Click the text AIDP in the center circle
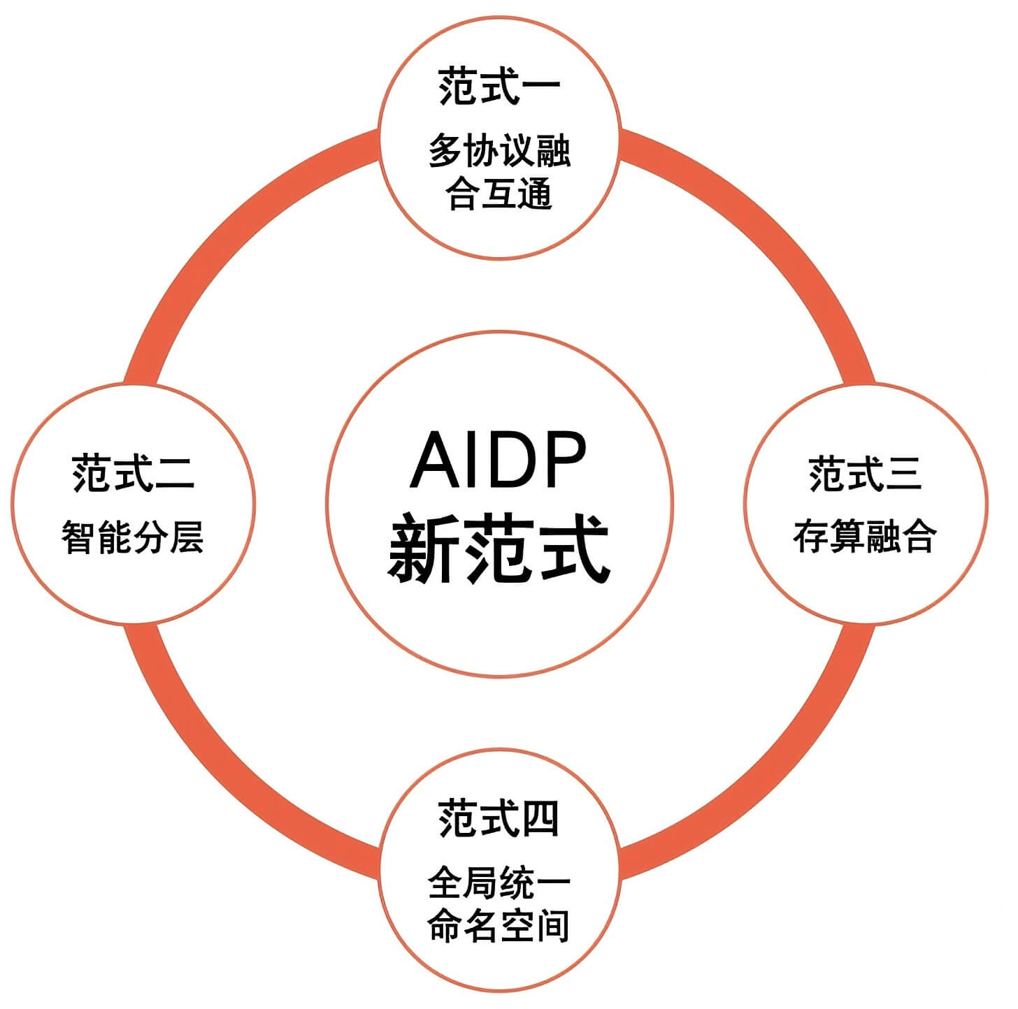pos(498,460)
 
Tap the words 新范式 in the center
pos(499,549)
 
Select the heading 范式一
pos(499,88)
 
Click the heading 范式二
pos(133,473)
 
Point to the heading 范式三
pos(865,474)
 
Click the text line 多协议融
pos(499,151)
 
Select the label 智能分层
pos(133,537)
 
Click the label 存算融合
pos(865,537)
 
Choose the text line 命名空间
pos(499,925)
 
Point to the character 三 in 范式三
pos(903,474)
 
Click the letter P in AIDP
pos(562,460)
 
